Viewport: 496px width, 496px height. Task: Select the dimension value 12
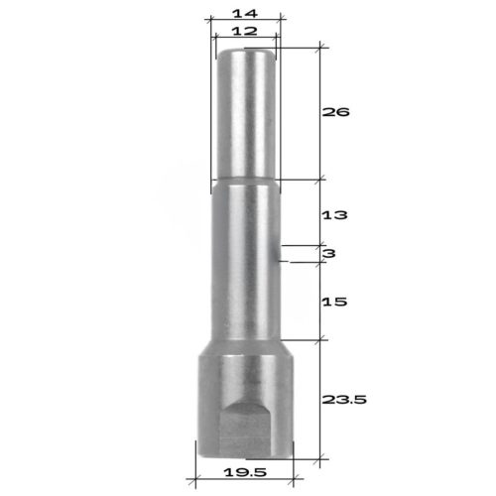click(244, 32)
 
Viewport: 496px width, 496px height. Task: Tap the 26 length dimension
click(337, 112)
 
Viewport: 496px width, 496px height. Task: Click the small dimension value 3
click(328, 254)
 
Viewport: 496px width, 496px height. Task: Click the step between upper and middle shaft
click(245, 182)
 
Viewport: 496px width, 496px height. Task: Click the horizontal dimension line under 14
click(244, 21)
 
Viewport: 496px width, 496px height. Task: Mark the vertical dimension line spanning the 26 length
click(321, 112)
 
